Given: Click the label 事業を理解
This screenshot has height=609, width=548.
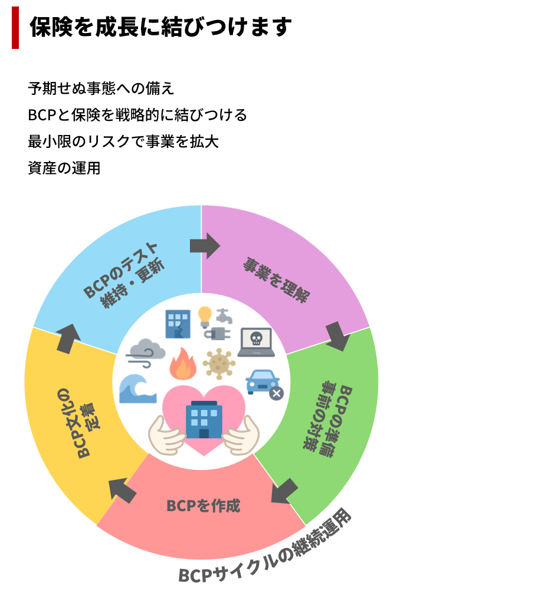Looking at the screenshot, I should click(x=276, y=280).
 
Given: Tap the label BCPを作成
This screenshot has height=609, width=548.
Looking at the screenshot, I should click(x=203, y=506).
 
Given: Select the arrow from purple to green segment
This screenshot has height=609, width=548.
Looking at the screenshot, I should click(x=337, y=335).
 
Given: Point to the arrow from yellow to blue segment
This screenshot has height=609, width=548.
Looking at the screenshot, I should click(x=68, y=338).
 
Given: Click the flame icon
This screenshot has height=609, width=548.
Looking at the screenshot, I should click(x=183, y=364).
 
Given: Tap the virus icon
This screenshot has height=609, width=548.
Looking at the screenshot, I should click(x=219, y=364).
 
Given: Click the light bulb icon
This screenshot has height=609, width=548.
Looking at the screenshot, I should click(x=205, y=317).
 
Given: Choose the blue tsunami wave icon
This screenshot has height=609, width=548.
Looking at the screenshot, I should click(x=137, y=389).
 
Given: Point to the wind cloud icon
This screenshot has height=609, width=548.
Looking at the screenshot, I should click(x=145, y=353).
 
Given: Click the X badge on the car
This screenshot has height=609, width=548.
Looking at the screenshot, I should click(x=276, y=393).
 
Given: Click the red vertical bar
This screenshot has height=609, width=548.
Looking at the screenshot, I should click(x=15, y=28).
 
